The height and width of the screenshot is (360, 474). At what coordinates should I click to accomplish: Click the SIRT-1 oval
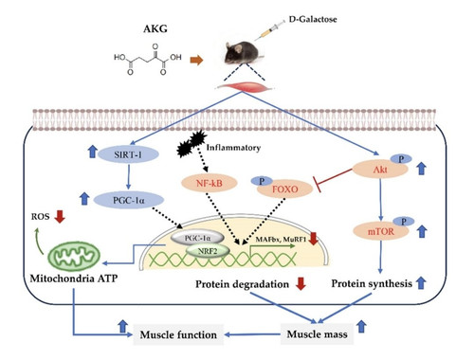(128, 154)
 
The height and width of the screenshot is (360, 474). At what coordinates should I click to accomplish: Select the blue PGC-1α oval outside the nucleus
(129, 200)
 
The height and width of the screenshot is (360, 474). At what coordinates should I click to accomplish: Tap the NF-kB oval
(209, 183)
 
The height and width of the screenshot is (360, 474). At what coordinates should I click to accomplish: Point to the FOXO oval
(285, 189)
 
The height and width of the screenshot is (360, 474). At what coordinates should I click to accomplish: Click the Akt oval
(380, 170)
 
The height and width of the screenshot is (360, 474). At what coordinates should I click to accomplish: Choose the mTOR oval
(381, 231)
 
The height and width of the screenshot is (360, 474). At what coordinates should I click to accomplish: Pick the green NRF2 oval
(208, 251)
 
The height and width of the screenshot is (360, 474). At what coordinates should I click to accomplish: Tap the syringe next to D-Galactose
(269, 30)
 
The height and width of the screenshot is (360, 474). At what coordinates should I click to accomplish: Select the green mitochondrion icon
(74, 256)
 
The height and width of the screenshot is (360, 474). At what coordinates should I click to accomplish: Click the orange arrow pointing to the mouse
(196, 60)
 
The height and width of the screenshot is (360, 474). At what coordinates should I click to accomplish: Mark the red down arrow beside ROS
(60, 217)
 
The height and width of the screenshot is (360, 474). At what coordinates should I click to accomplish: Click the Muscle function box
(178, 334)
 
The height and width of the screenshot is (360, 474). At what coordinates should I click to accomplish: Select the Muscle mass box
(317, 333)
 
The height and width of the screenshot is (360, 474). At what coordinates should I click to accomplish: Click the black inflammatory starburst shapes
(191, 143)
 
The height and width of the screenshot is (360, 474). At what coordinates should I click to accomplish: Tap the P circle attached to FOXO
(262, 181)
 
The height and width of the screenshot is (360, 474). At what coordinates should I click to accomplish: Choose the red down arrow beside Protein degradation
(301, 283)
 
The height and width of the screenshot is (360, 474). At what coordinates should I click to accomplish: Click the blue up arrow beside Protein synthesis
(420, 282)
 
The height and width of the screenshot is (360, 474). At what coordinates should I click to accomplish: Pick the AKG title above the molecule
(155, 28)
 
